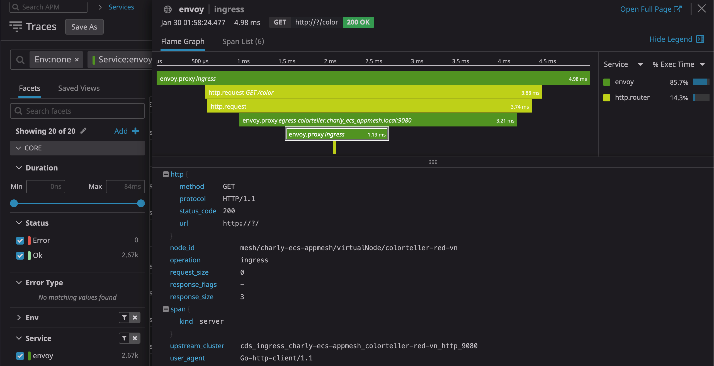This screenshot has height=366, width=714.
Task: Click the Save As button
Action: click(x=84, y=27)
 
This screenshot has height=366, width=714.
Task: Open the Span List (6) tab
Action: click(x=243, y=42)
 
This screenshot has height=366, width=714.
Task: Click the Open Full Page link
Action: click(x=651, y=9)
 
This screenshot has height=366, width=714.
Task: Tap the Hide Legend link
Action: click(x=677, y=39)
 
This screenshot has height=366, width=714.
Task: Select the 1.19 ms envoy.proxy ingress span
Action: click(x=337, y=134)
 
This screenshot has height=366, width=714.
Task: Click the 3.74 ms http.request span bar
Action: click(x=369, y=106)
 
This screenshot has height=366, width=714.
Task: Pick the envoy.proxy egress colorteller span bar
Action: click(x=378, y=120)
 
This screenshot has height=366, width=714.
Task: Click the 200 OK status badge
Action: click(x=358, y=22)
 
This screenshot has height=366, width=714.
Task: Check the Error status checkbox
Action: click(x=20, y=240)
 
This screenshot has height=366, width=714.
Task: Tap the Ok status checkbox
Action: click(x=20, y=255)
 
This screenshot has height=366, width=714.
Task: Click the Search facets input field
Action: click(x=77, y=111)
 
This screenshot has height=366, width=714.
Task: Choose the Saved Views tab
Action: click(x=79, y=88)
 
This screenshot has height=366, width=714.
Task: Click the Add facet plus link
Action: click(x=127, y=131)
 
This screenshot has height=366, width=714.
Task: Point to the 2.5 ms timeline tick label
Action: click(x=374, y=61)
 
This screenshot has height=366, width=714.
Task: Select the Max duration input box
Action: click(x=125, y=186)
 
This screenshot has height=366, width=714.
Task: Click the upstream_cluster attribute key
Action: click(x=197, y=346)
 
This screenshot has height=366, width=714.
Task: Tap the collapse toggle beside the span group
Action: click(x=166, y=309)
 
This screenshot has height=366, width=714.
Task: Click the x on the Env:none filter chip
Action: click(x=77, y=60)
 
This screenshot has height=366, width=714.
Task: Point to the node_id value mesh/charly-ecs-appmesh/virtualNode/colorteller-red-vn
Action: click(x=349, y=248)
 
